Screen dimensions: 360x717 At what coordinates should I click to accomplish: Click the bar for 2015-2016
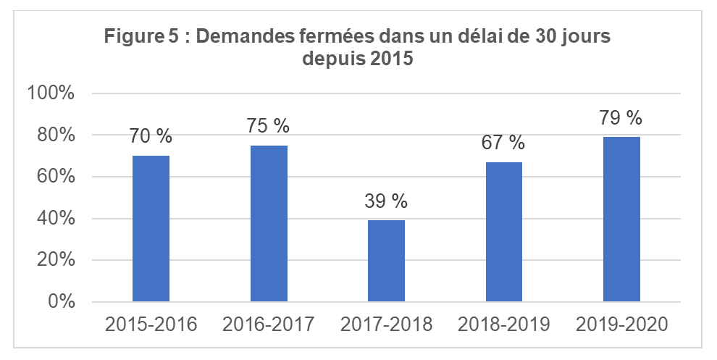coord(151,228)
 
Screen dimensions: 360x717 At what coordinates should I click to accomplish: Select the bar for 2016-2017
coord(269,223)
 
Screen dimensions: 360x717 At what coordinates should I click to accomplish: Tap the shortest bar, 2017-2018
coord(386,261)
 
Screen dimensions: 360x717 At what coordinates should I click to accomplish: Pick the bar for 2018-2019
coord(504,232)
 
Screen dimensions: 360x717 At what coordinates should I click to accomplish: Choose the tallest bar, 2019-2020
coord(621,219)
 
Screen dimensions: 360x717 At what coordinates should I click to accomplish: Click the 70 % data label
coord(151,136)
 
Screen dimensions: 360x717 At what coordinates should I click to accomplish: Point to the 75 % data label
coord(269,126)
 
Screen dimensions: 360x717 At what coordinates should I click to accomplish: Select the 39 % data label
coord(386,201)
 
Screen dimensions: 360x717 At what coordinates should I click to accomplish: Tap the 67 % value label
coord(504,143)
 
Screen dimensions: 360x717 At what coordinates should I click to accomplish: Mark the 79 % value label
coord(621,117)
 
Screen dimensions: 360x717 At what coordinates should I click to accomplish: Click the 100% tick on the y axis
coord(50,93)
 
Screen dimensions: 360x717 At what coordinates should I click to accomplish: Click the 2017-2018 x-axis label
coord(386,324)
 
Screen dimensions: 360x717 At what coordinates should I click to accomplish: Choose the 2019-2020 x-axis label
coord(621,324)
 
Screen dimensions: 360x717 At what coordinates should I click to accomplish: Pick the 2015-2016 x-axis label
coord(151,324)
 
